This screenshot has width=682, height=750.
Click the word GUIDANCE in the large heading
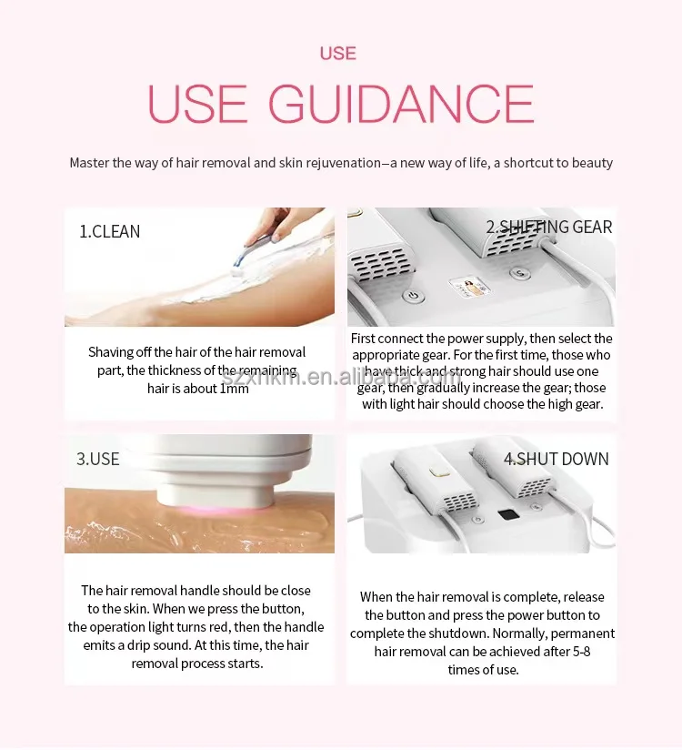(401, 104)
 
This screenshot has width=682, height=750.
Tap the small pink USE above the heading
(338, 54)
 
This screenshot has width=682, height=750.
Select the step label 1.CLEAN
(109, 231)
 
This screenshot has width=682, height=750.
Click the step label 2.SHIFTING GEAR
(548, 227)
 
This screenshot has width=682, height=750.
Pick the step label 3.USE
(98, 459)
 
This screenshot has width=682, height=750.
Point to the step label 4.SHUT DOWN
(557, 459)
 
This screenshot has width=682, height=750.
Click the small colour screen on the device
(470, 286)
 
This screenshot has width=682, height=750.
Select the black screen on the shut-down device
(508, 514)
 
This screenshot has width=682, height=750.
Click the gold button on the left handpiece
(437, 471)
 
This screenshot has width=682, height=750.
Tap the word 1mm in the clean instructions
(235, 389)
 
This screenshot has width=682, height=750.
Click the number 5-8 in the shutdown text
(581, 652)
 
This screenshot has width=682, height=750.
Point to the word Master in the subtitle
(89, 163)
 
